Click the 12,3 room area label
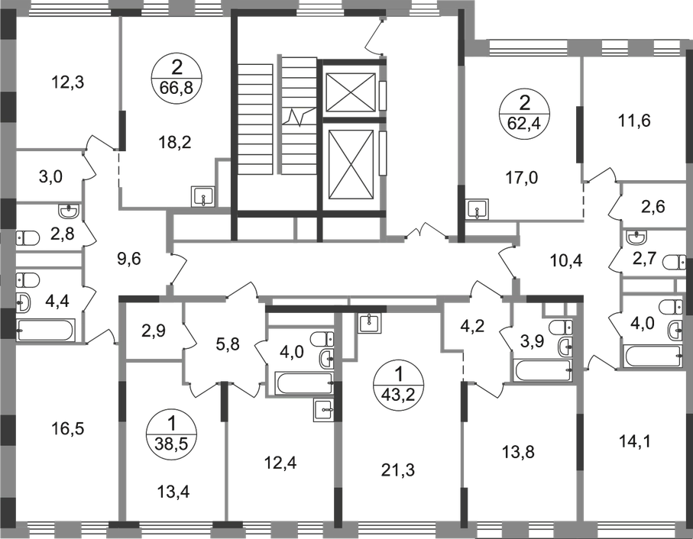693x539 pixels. (x=68, y=82)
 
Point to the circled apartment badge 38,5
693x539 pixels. (x=171, y=434)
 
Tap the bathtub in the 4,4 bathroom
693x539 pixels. (x=46, y=330)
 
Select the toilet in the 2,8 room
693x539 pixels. (x=28, y=238)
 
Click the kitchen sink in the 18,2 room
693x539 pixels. (x=202, y=196)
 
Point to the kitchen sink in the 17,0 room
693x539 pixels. (x=478, y=209)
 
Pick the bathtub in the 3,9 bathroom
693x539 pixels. (x=542, y=370)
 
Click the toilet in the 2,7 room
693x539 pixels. (x=674, y=262)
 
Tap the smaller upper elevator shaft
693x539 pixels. (x=350, y=92)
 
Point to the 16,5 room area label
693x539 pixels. (x=68, y=428)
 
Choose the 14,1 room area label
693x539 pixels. (x=635, y=441)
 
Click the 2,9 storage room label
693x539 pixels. (x=154, y=331)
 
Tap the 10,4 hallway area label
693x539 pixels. (x=566, y=261)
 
